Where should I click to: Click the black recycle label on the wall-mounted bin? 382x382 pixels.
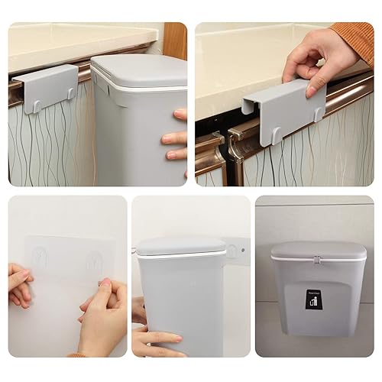coord(314,300)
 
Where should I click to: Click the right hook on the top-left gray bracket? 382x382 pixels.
coord(70,92)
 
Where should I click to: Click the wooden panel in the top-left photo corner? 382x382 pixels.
coord(175,38)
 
